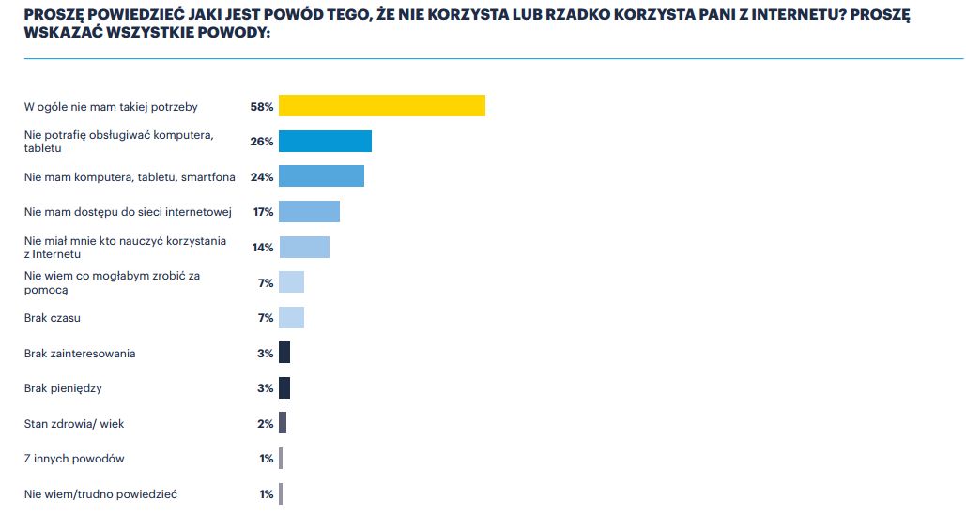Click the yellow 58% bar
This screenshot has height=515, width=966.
point(382,106)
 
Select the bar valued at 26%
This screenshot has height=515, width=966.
point(325,142)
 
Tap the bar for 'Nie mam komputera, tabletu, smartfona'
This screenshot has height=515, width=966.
point(321,176)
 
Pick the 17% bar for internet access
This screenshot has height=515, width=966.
point(309,212)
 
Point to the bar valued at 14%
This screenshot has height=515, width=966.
point(304,248)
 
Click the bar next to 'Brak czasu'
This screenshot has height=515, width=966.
point(291,318)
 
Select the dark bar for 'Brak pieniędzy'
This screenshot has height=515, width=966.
point(284,388)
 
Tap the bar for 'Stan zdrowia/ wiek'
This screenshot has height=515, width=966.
point(283,423)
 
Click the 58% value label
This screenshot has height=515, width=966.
point(262,107)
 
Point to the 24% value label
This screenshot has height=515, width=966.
point(262,177)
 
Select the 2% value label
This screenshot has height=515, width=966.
point(266,424)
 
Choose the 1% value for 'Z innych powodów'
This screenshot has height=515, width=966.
point(266,459)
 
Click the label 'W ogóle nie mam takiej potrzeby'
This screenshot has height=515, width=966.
point(111,107)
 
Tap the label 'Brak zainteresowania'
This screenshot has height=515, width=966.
point(80,354)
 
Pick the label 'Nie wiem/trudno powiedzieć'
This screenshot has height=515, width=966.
point(100,494)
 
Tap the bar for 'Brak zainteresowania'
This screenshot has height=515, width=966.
point(284,353)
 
